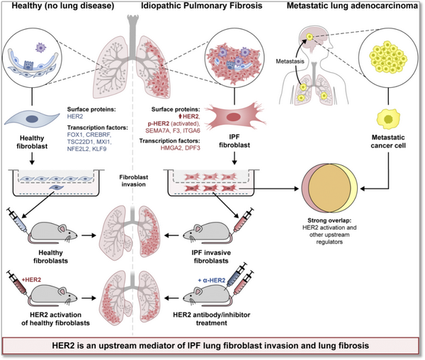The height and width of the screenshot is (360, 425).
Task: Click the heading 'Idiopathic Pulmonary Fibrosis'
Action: (202, 6)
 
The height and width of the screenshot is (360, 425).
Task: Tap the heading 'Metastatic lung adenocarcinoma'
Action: (352, 6)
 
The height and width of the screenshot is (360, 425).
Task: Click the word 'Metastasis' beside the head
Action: (290, 62)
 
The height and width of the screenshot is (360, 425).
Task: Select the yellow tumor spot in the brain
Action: (310, 37)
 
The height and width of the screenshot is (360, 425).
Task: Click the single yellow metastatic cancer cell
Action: (388, 119)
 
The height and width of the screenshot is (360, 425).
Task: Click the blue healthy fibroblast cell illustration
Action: (32, 119)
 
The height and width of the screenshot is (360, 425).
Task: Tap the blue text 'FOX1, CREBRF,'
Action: (89, 135)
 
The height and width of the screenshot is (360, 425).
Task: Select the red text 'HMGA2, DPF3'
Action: (180, 148)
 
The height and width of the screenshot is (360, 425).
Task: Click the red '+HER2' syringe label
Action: (31, 279)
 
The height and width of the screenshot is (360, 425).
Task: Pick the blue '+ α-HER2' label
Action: (211, 281)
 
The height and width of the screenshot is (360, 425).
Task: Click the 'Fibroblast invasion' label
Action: (134, 181)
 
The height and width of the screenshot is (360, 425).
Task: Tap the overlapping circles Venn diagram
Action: (329, 188)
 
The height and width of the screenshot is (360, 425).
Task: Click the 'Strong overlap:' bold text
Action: (329, 220)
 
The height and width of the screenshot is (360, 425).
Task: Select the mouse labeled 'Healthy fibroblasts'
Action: (52, 232)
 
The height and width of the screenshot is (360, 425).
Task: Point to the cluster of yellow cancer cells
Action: (388, 57)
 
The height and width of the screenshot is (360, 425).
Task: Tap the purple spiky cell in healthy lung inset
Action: (40, 47)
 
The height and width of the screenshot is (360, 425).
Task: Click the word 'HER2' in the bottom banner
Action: (64, 346)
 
